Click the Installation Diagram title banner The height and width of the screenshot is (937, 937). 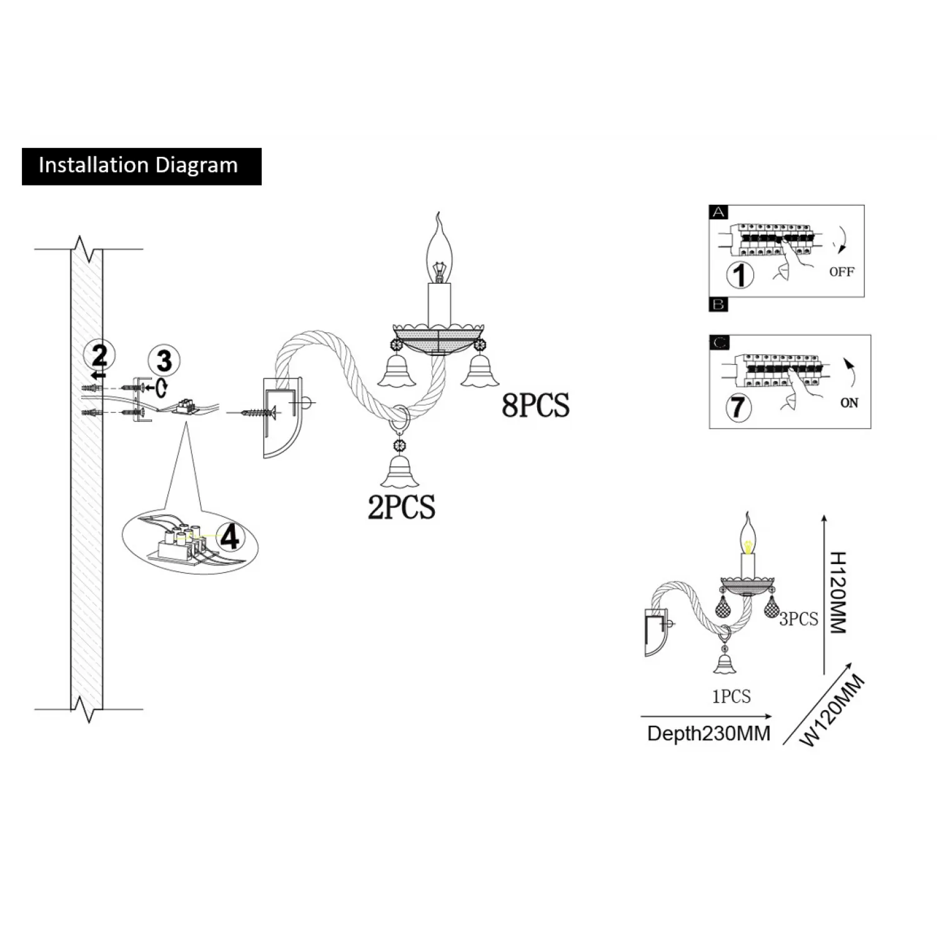pos(141,166)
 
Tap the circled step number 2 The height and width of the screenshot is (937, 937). pos(99,355)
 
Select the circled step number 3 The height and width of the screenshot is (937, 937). pos(164,360)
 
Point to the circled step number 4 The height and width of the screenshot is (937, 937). pos(231,537)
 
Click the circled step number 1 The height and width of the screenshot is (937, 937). pos(741,275)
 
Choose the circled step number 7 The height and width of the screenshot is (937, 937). pos(738,407)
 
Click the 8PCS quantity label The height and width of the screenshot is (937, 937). pos(535,405)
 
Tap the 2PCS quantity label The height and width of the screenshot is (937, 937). pos(401,507)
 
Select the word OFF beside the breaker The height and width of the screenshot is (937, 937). pos(841,272)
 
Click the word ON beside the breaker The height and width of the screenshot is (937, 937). pos(849,403)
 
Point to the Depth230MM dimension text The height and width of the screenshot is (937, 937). pos(708,733)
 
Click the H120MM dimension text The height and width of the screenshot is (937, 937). pos(838,592)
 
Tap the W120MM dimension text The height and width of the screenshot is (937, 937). pos(833,711)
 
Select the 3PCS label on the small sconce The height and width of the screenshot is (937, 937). pos(798,619)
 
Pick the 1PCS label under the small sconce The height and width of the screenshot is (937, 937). pos(731,697)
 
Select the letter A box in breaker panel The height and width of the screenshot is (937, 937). pos(719,212)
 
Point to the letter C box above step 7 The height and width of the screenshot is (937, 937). pos(720,343)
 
